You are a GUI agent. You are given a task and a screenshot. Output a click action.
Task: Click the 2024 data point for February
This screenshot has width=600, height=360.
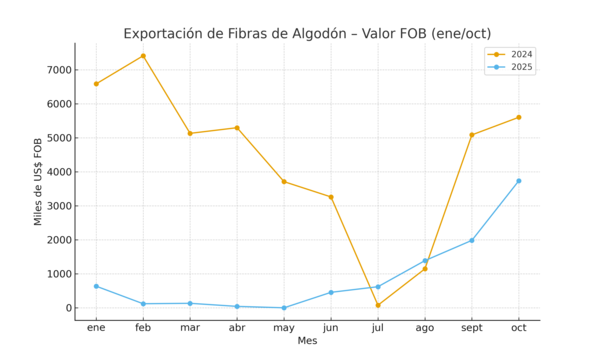[143, 56]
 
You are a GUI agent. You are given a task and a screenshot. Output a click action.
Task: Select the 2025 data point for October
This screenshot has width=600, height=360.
[519, 181]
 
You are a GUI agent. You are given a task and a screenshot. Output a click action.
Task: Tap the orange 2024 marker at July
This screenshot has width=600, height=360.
[378, 305]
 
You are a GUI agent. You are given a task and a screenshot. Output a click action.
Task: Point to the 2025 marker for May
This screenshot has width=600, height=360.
[284, 308]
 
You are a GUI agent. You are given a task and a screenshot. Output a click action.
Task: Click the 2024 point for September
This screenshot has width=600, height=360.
[472, 135]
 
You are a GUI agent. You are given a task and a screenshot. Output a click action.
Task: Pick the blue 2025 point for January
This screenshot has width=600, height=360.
[96, 286]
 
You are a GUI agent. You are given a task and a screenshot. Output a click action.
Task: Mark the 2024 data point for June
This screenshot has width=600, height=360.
[331, 197]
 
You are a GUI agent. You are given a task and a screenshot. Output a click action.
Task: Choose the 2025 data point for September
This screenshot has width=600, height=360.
[472, 240]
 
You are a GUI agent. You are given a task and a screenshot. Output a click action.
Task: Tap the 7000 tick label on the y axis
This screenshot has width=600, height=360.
[57, 70]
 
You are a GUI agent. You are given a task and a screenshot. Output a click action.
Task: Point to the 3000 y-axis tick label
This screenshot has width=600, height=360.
[57, 206]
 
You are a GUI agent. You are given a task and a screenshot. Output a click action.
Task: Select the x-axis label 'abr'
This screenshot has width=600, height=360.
[237, 327]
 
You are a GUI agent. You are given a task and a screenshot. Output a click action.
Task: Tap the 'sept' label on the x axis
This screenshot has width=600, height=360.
[472, 327]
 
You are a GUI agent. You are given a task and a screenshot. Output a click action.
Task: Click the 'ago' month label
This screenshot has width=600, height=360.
[425, 327]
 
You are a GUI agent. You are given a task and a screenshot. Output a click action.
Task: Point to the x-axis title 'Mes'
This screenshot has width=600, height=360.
[307, 341]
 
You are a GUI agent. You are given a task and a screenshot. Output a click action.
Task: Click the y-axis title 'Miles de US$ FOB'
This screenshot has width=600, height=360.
[38, 181]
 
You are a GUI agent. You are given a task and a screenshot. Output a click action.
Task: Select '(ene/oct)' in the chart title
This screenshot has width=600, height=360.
[455, 34]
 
